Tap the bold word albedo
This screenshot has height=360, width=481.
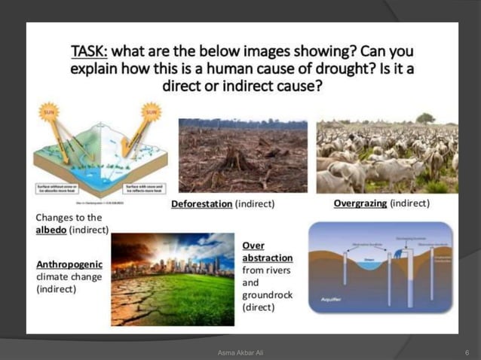click(56, 229)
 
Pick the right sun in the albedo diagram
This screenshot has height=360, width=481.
click(152, 112)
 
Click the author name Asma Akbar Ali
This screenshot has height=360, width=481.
click(240, 352)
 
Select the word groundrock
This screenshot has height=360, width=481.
click(267, 294)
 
